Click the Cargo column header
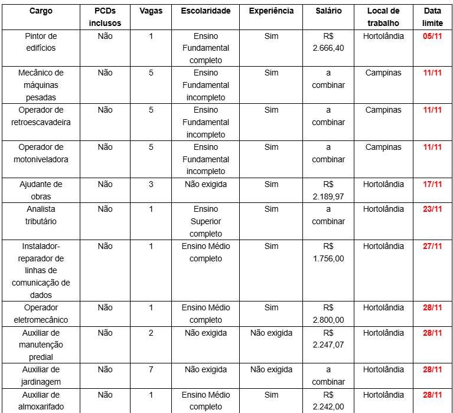click(41, 11)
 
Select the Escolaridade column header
click(206, 11)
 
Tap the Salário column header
click(328, 11)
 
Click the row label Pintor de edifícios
click(41, 42)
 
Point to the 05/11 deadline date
click(433, 36)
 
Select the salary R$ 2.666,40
click(328, 42)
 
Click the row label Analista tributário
click(41, 215)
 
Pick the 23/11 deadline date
click(433, 209)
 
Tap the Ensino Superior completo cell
click(206, 221)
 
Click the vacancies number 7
click(151, 369)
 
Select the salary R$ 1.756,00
click(328, 252)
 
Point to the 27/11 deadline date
click(433, 246)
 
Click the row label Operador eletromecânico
click(41, 313)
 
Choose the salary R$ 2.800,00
click(328, 313)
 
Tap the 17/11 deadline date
click(433, 184)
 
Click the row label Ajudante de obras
click(41, 190)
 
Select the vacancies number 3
click(151, 184)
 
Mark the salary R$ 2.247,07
click(328, 339)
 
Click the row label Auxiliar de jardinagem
click(41, 376)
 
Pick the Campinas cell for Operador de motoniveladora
click(383, 147)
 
